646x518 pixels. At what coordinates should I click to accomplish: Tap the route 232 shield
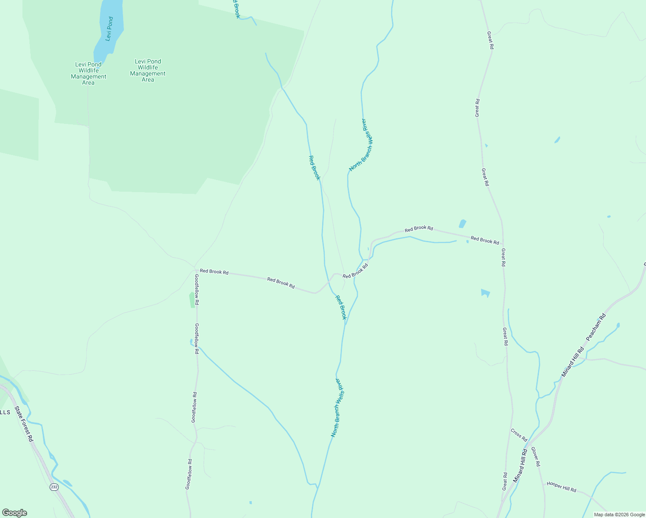(54, 487)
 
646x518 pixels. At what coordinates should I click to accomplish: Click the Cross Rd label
(519, 435)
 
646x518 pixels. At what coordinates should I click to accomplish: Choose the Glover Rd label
(535, 457)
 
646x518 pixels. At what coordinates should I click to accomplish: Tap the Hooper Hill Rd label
(561, 486)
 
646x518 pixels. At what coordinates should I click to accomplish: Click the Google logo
(14, 513)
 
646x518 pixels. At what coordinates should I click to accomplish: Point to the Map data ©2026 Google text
(619, 515)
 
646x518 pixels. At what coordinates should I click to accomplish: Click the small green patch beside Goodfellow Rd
(192, 300)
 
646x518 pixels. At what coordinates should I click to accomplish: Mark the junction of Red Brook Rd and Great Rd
(503, 244)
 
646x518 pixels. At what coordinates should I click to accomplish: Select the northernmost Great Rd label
(490, 40)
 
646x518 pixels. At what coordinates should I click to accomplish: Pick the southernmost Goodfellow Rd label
(189, 474)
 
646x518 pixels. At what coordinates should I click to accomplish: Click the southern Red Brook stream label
(341, 307)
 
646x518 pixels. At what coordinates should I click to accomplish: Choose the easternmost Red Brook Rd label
(484, 240)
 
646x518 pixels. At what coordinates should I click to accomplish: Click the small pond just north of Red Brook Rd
(462, 224)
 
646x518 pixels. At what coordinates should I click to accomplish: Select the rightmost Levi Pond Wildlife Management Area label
(148, 70)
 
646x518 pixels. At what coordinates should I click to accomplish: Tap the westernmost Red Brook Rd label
(214, 272)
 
